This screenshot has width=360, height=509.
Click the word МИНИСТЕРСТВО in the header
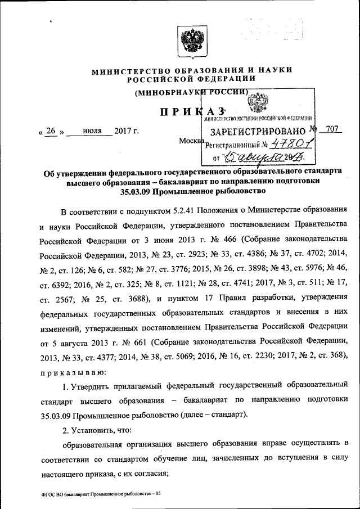tap(124, 70)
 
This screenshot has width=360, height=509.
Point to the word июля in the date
tap(88, 132)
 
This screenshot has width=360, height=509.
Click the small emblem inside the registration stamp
tap(262, 105)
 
